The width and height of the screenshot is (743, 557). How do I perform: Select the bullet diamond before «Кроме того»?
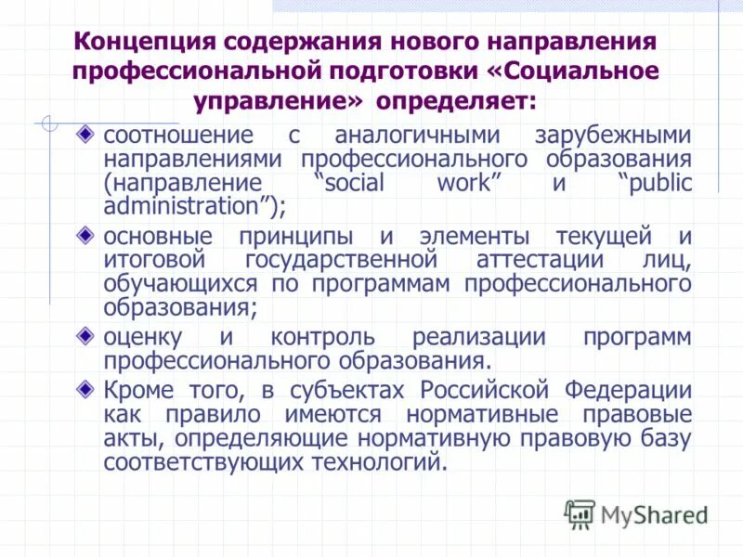[85, 386]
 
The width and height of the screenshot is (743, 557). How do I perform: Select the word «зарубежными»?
[612, 136]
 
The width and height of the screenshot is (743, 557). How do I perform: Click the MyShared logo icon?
[580, 512]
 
